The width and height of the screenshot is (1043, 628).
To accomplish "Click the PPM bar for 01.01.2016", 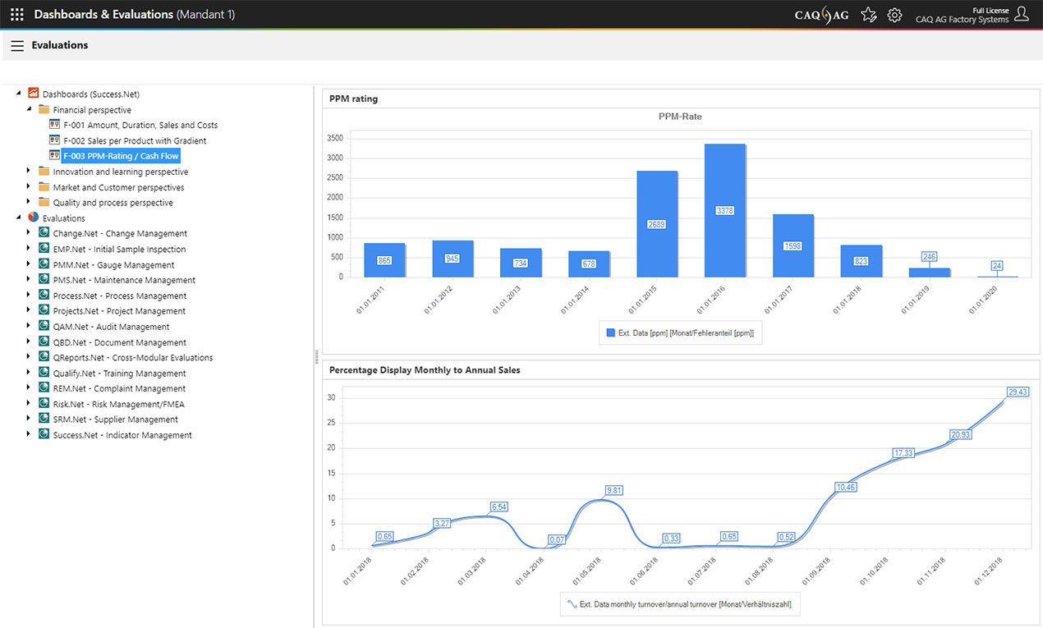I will pyautogui.click(x=725, y=210).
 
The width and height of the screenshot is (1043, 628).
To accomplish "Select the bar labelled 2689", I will pyautogui.click(x=657, y=223).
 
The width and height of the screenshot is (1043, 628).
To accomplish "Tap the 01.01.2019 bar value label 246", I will pyautogui.click(x=929, y=257).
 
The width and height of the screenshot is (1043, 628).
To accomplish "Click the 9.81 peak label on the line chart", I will pyautogui.click(x=614, y=491).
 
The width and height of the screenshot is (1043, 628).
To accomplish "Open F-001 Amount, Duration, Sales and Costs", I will pyautogui.click(x=140, y=126).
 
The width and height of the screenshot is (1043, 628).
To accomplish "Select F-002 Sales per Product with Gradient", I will pyautogui.click(x=135, y=141).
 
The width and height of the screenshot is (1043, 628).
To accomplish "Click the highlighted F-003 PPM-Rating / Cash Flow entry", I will pyautogui.click(x=121, y=156).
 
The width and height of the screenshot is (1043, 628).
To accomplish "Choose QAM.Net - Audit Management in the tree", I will pyautogui.click(x=111, y=327).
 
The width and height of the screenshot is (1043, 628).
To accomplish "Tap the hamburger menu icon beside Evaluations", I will pyautogui.click(x=17, y=46).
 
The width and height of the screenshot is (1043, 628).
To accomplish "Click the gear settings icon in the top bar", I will pyautogui.click(x=894, y=15).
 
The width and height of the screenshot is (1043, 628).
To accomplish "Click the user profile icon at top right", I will pyautogui.click(x=1022, y=14).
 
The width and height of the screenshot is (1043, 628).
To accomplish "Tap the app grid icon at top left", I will pyautogui.click(x=17, y=15).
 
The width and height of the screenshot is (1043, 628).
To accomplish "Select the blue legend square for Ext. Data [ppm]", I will pyautogui.click(x=610, y=332).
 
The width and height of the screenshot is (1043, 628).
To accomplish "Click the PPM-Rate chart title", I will pyautogui.click(x=680, y=117).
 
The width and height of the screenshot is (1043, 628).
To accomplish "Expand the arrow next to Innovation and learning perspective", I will pyautogui.click(x=29, y=172).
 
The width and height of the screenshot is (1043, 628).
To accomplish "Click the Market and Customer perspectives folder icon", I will pyautogui.click(x=44, y=188).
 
